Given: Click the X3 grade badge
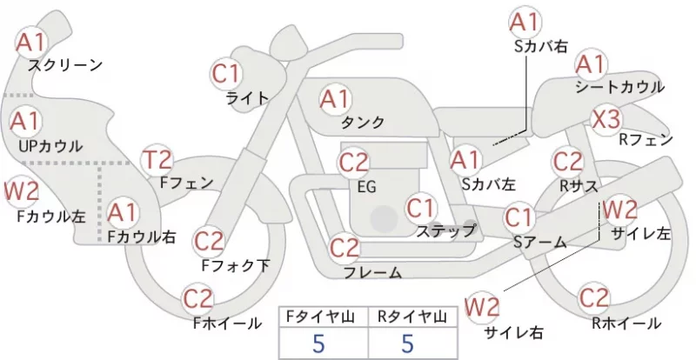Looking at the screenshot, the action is point(606,119).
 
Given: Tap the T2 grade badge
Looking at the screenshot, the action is point(157,160).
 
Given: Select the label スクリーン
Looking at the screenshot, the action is point(65,66).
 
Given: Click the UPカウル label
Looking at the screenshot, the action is point(50,146).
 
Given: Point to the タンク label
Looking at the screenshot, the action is point(363,122).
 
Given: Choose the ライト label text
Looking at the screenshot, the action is point(248,97).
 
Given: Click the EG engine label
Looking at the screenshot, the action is point(367,187).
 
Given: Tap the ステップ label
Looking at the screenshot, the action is point(445,230).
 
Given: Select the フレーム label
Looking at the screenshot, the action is point(373,272).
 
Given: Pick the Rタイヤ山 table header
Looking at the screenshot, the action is point(412,317).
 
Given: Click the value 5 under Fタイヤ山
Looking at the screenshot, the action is point(318,343).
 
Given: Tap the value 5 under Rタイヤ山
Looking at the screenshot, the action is point(407,343).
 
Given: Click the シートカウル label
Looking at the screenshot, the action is point(619,87).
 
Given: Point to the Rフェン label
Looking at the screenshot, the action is point(646,140).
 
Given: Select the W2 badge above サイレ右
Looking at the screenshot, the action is point(482,307).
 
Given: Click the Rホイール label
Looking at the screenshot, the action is point(626,323).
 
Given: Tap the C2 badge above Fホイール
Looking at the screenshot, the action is point(198,299).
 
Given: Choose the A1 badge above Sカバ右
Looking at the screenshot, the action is point(525,22).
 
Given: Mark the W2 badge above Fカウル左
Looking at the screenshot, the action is point(21,191).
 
